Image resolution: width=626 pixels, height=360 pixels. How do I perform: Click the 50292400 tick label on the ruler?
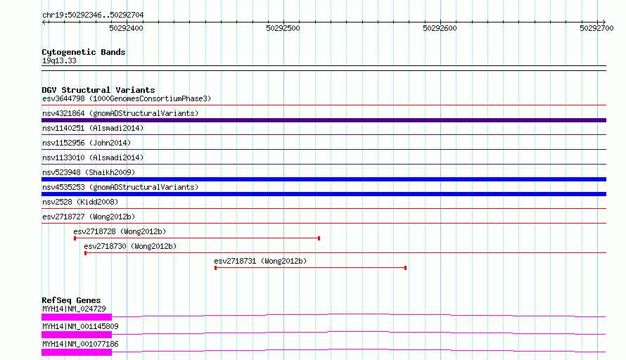click(x=126, y=28)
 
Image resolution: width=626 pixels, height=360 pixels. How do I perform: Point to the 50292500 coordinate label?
click(x=283, y=28)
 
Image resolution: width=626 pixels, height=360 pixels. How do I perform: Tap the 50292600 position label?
click(x=440, y=28)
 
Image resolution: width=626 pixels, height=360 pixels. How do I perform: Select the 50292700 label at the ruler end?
click(x=597, y=28)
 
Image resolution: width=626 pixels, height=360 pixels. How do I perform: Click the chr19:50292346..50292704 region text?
click(x=93, y=15)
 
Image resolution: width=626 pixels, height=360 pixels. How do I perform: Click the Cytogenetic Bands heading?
click(x=84, y=52)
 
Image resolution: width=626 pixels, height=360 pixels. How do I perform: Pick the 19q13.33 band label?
click(x=59, y=60)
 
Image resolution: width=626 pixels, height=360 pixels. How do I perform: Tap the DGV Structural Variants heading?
click(x=98, y=90)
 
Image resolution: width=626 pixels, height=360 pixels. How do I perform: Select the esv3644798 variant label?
click(x=63, y=98)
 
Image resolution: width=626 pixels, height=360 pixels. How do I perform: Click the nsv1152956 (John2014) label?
click(x=87, y=143)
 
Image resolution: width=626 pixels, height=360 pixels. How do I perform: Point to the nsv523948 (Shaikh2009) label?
click(x=89, y=172)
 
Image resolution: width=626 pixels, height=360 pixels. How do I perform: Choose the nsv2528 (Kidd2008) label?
click(x=80, y=202)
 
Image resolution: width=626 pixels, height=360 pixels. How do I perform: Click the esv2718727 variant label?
click(x=63, y=217)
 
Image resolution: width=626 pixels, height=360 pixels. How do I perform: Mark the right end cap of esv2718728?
click(x=319, y=238)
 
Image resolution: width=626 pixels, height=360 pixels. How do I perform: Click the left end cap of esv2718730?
click(x=85, y=253)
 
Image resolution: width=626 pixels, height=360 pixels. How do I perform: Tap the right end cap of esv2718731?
click(x=406, y=268)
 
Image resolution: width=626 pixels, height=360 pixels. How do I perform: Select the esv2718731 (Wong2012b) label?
click(x=260, y=261)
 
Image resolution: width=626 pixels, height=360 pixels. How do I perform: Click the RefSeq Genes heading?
click(x=71, y=300)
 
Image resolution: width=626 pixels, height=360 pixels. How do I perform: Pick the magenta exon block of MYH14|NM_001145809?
click(x=77, y=335)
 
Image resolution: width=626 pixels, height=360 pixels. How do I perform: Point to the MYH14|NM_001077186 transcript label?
click(x=80, y=344)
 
